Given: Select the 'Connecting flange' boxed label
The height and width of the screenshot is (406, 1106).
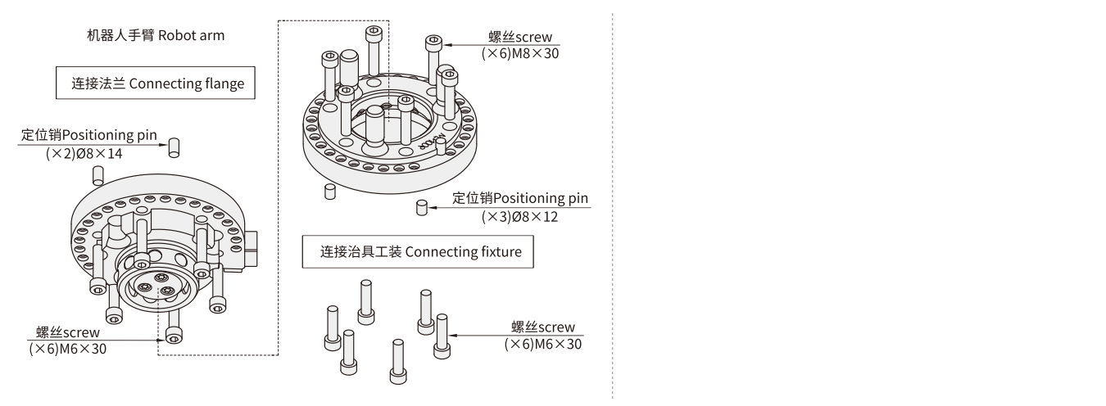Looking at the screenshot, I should click(x=156, y=83).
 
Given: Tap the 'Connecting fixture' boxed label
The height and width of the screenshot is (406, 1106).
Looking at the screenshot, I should click(x=417, y=251).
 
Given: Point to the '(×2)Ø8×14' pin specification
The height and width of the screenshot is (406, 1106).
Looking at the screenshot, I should click(x=84, y=153).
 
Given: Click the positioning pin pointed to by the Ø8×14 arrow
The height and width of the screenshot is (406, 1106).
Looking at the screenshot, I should click(x=174, y=148).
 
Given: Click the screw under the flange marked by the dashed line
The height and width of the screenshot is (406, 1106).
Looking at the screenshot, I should click(x=173, y=336).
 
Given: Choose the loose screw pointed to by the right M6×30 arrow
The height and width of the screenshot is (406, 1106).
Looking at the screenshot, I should click(x=442, y=333).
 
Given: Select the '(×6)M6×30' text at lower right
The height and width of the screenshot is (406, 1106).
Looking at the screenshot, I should click(x=543, y=344).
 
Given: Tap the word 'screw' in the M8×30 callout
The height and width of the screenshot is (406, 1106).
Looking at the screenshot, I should click(x=534, y=38).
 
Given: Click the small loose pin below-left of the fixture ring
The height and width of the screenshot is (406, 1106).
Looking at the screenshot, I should click(x=330, y=192).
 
